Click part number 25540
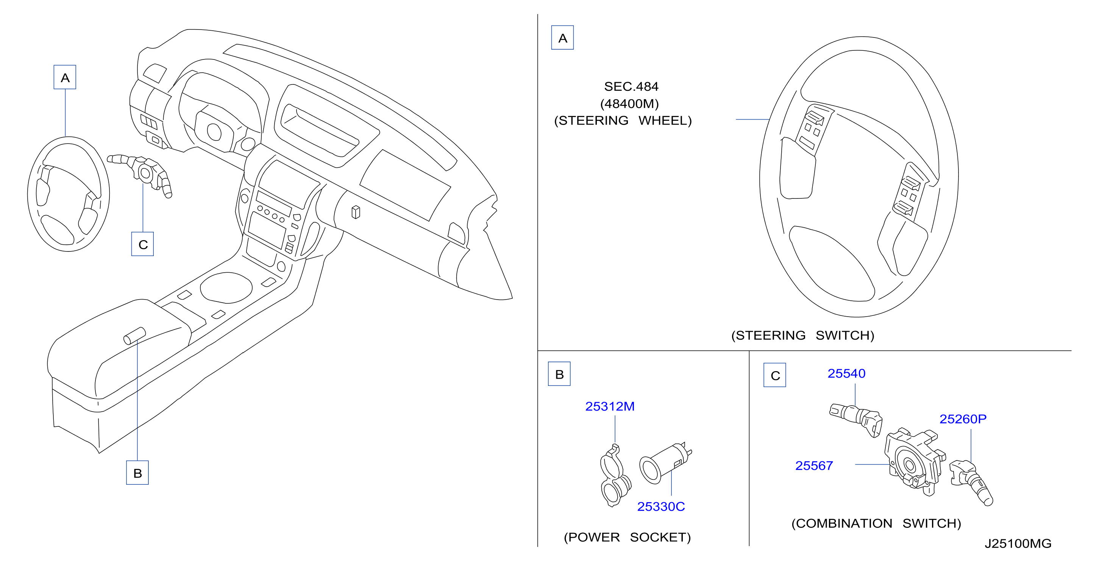pos(846,373)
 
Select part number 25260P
pos(963,419)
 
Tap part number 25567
pos(814,465)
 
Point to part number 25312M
pos(610,406)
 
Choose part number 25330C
pos(661,507)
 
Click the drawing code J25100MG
pos(1018,544)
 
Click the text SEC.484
pos(631,87)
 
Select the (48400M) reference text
pos(629,104)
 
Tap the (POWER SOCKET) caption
pos(627,537)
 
